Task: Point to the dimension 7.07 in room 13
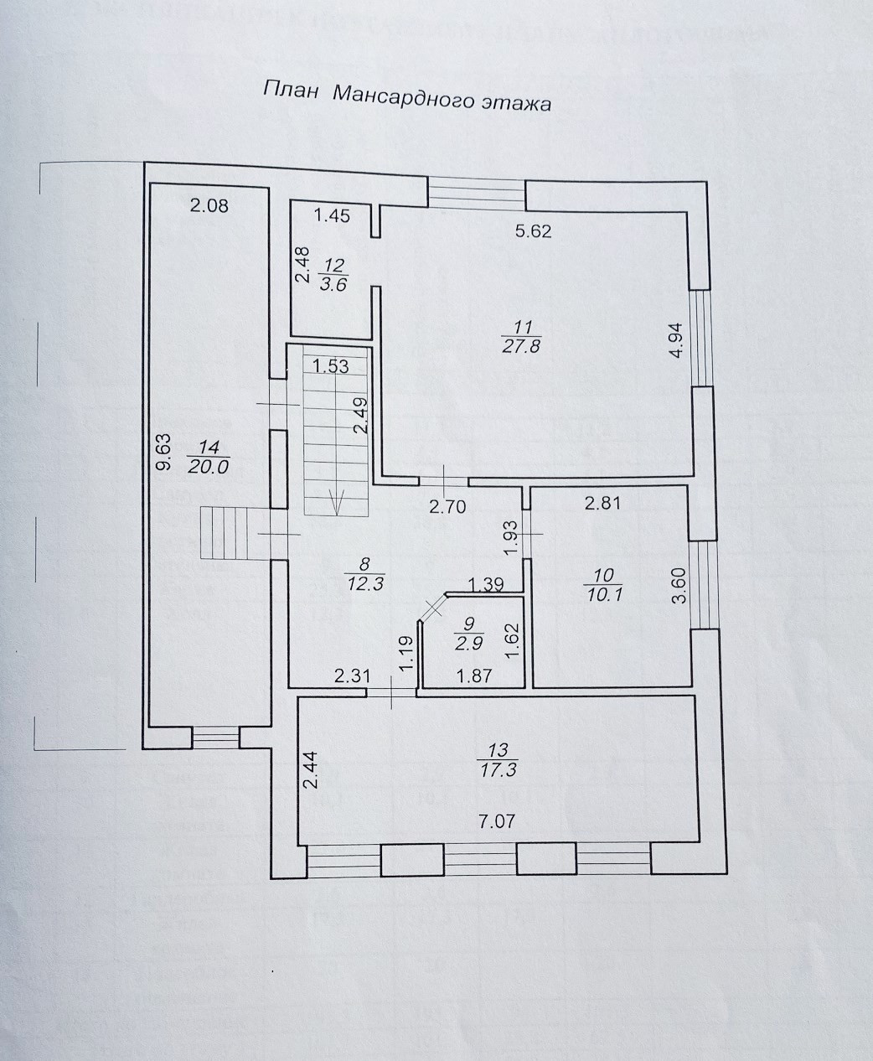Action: coord(498,821)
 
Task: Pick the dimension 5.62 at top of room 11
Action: coord(534,231)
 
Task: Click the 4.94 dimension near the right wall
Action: coord(677,341)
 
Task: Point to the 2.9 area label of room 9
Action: coord(464,644)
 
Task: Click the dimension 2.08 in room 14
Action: coord(209,204)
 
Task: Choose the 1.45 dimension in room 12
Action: coord(333,215)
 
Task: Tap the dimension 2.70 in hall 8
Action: coord(447,505)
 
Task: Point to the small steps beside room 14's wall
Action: coord(220,533)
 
